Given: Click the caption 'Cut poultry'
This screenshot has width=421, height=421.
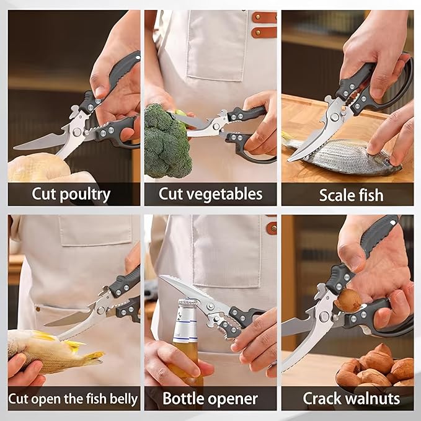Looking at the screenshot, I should [71, 194].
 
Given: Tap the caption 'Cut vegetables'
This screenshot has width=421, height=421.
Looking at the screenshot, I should [210, 194].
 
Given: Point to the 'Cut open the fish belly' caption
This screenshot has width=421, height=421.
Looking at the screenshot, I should [73, 397].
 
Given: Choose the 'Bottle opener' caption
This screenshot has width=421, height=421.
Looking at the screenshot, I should [210, 397].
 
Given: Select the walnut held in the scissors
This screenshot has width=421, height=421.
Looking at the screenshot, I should [348, 300].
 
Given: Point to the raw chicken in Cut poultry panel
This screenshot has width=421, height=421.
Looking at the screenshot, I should [37, 167].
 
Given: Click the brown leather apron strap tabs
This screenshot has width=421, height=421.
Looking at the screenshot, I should [264, 25].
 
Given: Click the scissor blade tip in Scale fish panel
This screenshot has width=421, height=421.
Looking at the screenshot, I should [291, 159].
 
